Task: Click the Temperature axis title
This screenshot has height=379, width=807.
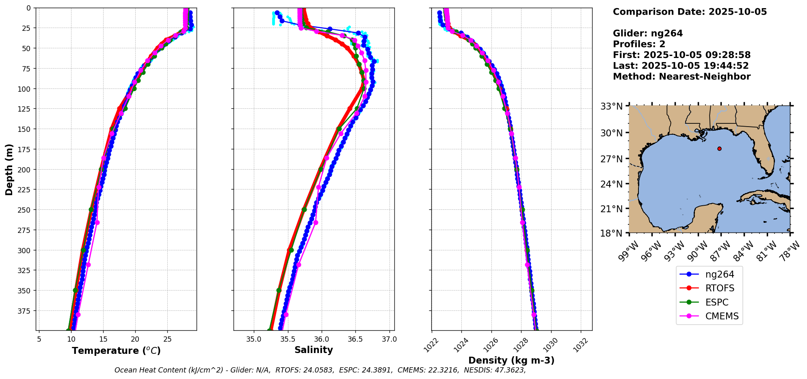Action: tap(116, 351)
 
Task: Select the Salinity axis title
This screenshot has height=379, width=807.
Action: tap(314, 350)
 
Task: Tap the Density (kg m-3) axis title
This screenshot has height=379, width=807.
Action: tap(511, 360)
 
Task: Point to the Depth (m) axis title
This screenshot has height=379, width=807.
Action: tap(9, 169)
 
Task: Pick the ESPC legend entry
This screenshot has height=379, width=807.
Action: tap(717, 302)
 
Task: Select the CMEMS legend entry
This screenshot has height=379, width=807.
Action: tap(722, 317)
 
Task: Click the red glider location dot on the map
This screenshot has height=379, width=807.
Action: tap(719, 149)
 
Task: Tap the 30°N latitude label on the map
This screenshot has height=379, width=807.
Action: tap(612, 133)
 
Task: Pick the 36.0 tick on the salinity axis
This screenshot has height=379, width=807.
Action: tap(322, 339)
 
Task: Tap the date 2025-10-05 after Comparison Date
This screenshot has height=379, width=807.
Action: tap(738, 12)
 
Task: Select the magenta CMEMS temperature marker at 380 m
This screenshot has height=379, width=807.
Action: tap(78, 314)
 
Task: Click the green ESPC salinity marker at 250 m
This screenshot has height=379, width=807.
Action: tap(304, 210)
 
